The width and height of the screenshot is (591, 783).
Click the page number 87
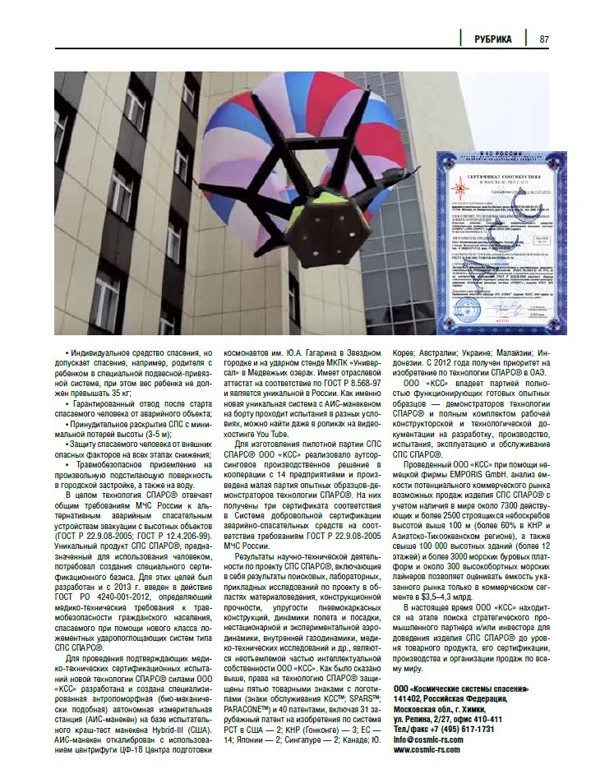click(544, 39)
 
